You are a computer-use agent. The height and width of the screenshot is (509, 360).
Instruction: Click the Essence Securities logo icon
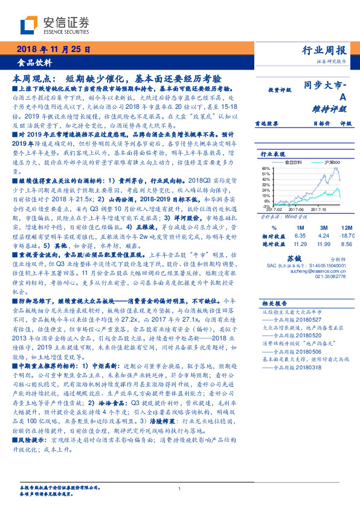point(30,25)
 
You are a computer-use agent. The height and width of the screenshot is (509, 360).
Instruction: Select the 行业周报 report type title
point(324,51)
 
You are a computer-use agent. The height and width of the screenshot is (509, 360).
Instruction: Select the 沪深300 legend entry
point(328,163)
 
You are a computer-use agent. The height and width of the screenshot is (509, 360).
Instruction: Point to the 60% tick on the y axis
point(265,169)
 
